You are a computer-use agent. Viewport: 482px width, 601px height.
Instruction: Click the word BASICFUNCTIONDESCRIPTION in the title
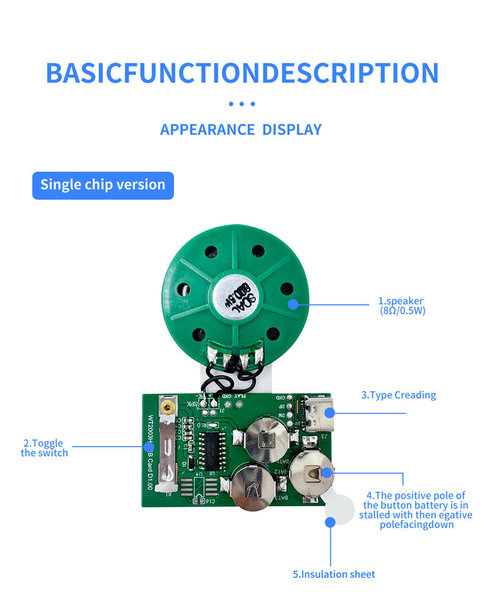point(242,73)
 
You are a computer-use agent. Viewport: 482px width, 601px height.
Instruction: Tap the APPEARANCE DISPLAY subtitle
point(241,130)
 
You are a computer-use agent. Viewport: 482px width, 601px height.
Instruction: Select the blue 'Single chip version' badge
point(103,185)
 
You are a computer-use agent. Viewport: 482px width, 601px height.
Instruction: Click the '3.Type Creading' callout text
point(398,395)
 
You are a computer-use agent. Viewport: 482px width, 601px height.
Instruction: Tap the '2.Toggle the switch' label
point(44,448)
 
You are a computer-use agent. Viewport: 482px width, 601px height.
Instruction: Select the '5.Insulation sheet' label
point(334,574)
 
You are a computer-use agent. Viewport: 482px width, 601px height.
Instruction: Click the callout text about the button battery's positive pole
point(416,510)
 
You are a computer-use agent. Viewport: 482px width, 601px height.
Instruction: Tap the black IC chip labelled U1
point(214,446)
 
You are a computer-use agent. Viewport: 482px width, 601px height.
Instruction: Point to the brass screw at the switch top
point(166,408)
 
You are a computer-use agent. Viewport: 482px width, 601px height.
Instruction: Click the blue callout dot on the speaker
point(293,305)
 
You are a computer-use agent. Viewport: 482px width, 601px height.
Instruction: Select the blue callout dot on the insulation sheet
point(330,521)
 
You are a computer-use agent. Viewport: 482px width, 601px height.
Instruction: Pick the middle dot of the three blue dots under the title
point(242,104)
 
